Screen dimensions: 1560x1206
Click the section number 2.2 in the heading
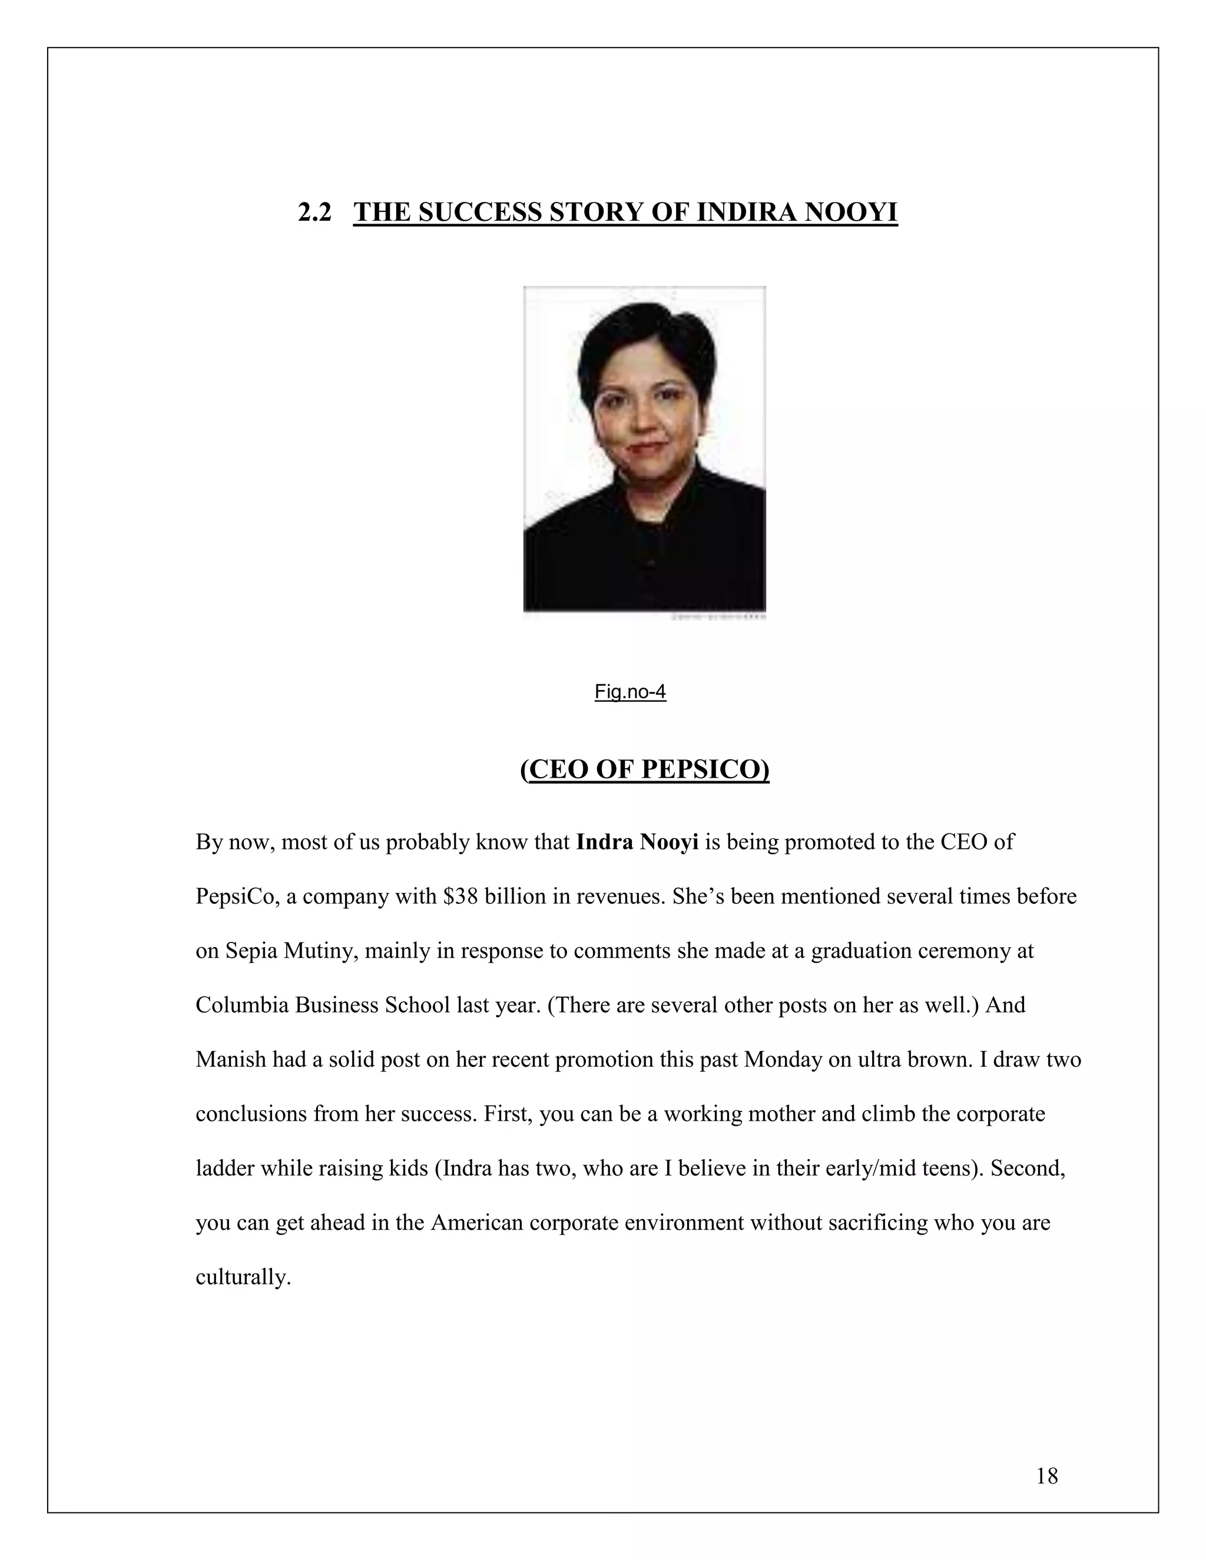click(x=314, y=213)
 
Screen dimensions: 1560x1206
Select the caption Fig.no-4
click(x=630, y=692)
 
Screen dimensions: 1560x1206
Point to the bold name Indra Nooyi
click(x=637, y=842)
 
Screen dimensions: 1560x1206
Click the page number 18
click(x=1046, y=1476)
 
